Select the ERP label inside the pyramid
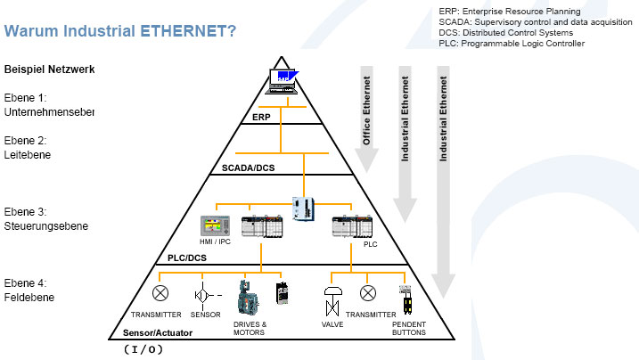pyautogui.click(x=261, y=117)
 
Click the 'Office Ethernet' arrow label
pyautogui.click(x=366, y=110)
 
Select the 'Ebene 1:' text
pyautogui.click(x=25, y=97)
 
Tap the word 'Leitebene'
pyautogui.click(x=28, y=155)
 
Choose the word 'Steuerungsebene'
pyautogui.click(x=46, y=226)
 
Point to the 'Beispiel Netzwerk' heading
pyautogui.click(x=49, y=69)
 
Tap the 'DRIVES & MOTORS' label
pyautogui.click(x=250, y=328)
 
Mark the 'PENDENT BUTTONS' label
pyautogui.click(x=409, y=328)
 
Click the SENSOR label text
pyautogui.click(x=206, y=315)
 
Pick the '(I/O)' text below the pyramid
pyautogui.click(x=143, y=349)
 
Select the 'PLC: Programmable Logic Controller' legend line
pyautogui.click(x=512, y=43)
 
